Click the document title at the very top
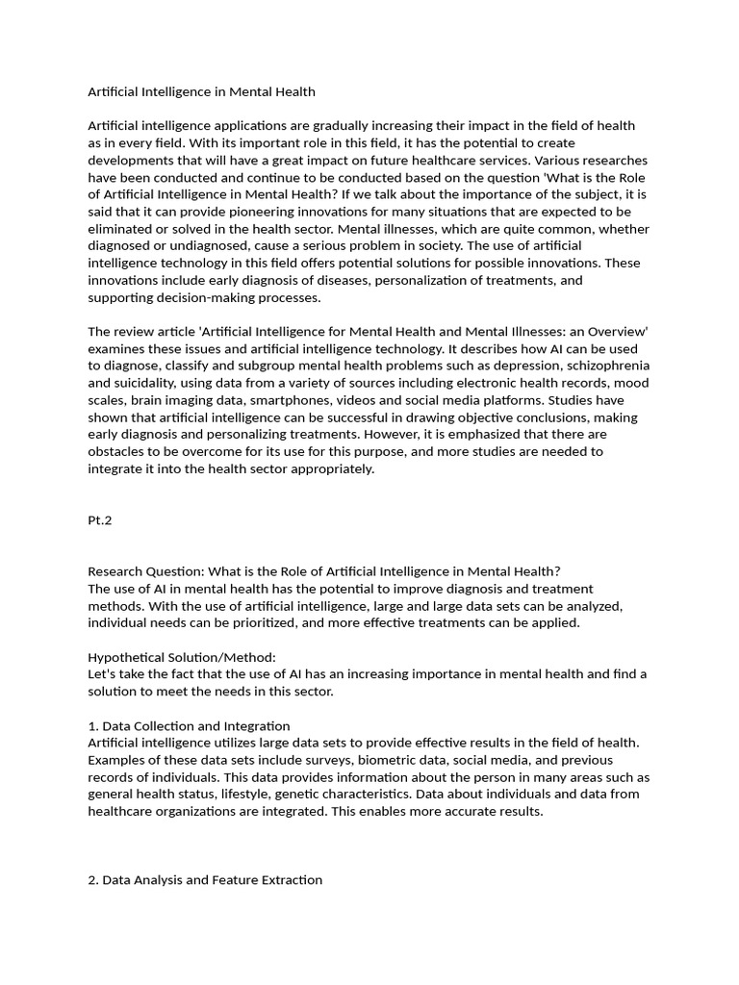[201, 92]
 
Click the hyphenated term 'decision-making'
[202, 297]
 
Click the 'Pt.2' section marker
[101, 519]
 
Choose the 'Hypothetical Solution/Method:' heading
[182, 657]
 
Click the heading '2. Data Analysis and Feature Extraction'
[205, 879]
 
